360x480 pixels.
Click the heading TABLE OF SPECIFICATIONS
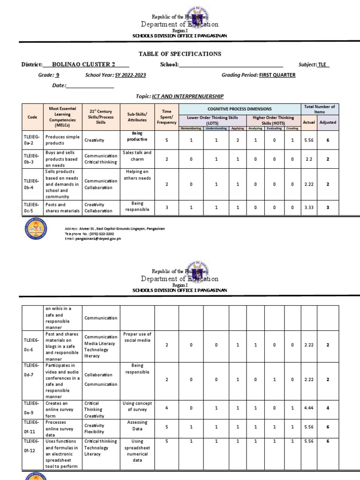180,54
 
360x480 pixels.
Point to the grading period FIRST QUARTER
277,75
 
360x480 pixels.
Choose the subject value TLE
322,65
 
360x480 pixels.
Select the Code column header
32,117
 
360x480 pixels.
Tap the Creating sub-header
292,128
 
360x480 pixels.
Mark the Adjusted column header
328,122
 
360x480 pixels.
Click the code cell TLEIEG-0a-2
32,140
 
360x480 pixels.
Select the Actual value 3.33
309,207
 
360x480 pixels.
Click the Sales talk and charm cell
137,156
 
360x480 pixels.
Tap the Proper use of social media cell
137,337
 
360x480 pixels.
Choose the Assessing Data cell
137,425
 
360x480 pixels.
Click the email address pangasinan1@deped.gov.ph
93,239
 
